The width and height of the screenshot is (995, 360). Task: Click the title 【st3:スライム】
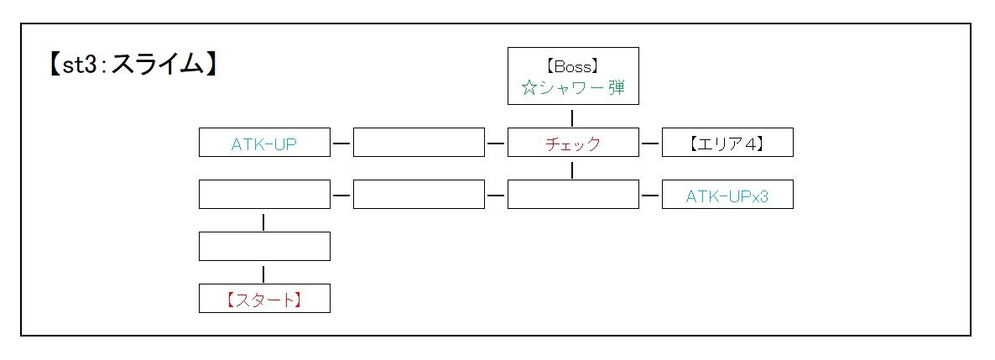[x=133, y=65]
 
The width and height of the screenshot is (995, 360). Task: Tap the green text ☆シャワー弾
[x=573, y=88]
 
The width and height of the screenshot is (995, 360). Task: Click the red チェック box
[x=573, y=143]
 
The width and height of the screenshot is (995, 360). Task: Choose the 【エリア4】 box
[x=727, y=143]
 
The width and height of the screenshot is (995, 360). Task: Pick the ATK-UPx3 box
[x=727, y=196]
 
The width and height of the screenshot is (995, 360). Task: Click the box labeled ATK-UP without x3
[x=264, y=143]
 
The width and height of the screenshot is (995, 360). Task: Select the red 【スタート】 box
[x=264, y=299]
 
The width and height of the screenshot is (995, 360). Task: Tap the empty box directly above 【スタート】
[x=264, y=247]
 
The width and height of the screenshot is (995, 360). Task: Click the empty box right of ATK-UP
[x=419, y=143]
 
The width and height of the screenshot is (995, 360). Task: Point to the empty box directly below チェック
[x=573, y=196]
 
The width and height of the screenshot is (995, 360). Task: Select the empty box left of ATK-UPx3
[x=573, y=196]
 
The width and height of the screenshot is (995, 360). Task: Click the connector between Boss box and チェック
[x=573, y=117]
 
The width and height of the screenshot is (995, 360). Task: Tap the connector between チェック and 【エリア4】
[x=650, y=143]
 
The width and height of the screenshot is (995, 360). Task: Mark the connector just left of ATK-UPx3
[x=650, y=196]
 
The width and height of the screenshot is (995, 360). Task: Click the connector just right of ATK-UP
[x=341, y=143]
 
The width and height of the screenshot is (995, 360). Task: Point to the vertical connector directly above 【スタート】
[x=264, y=274]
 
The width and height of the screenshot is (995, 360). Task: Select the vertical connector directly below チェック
[x=573, y=170]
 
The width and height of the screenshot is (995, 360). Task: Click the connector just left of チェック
[x=496, y=143]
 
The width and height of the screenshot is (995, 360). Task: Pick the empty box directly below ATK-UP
[x=264, y=196]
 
